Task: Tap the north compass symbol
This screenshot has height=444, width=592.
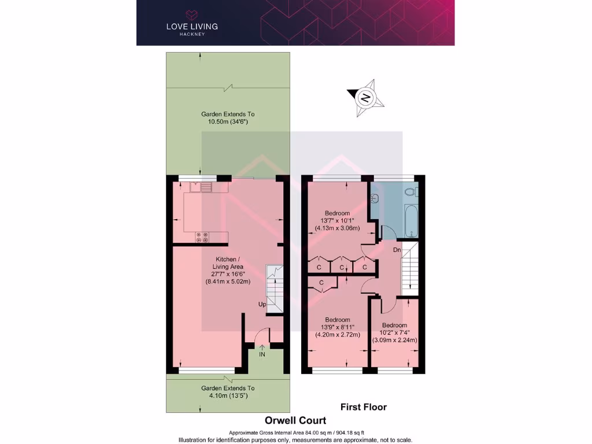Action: click(x=364, y=97)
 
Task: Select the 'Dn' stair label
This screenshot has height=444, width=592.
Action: click(x=397, y=250)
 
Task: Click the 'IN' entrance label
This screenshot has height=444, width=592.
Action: click(x=262, y=354)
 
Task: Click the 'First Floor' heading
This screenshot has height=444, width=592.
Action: click(x=364, y=407)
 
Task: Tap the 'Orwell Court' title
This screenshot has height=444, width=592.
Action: click(x=295, y=420)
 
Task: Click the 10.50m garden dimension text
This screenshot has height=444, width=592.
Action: click(x=228, y=122)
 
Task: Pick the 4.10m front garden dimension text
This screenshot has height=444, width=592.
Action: click(x=228, y=396)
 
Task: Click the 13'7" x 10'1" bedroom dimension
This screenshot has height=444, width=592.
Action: click(x=340, y=220)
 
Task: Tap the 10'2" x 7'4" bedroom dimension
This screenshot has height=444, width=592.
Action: click(x=394, y=332)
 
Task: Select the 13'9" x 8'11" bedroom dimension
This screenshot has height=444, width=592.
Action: click(x=337, y=327)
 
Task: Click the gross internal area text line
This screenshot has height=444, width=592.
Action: click(x=296, y=433)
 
